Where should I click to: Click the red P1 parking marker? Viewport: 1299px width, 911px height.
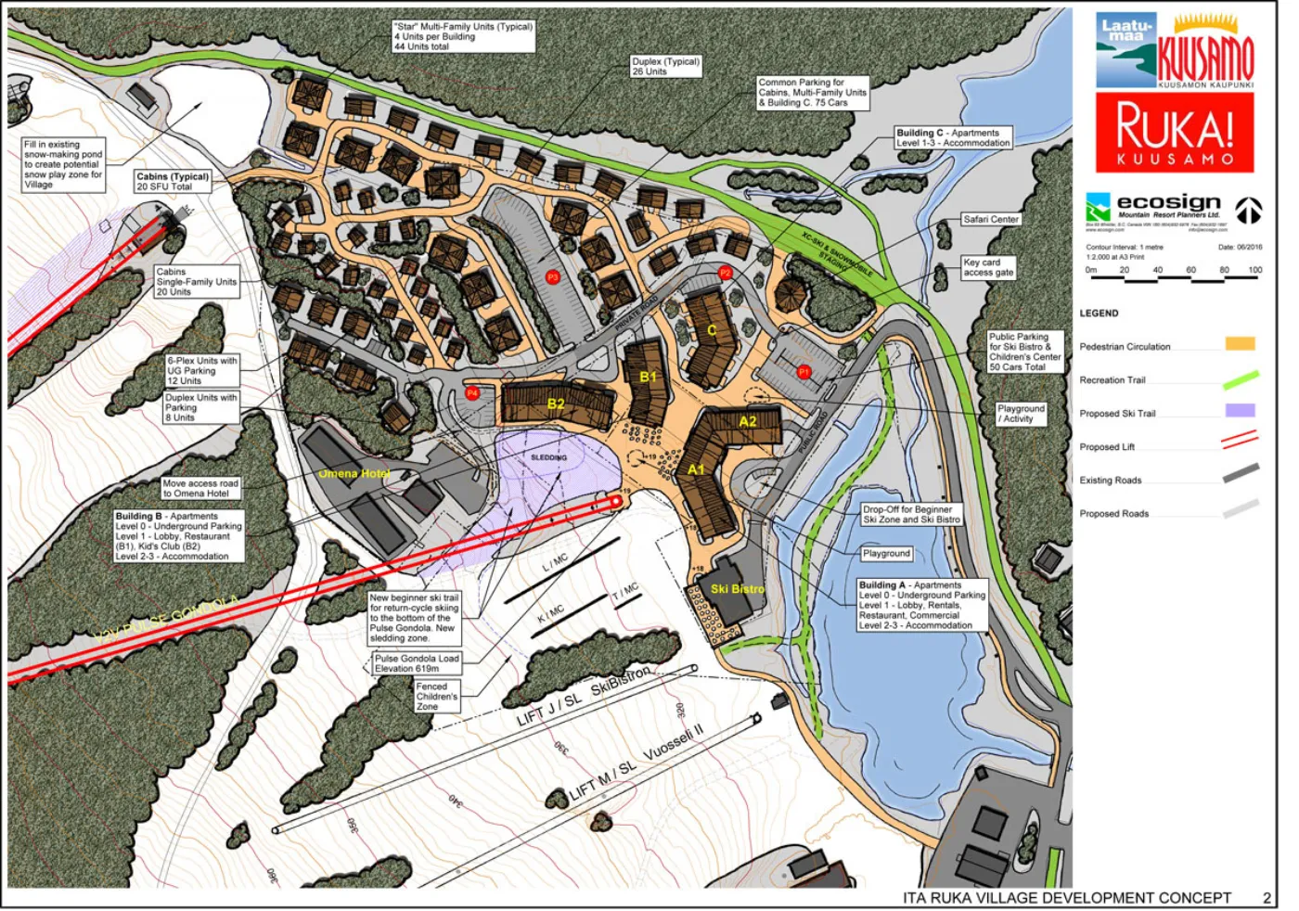[x=804, y=372]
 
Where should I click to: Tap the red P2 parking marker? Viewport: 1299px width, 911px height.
[x=726, y=273]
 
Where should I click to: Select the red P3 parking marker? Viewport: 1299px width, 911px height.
[x=552, y=277]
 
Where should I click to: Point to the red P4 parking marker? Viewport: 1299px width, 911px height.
[x=471, y=393]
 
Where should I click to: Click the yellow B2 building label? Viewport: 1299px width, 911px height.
[x=556, y=404]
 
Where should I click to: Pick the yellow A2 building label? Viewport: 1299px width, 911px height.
[x=748, y=421]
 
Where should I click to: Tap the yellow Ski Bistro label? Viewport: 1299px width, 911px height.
[x=738, y=589]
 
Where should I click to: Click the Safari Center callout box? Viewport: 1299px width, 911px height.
[x=990, y=220]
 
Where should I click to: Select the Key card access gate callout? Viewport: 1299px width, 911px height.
[x=988, y=268]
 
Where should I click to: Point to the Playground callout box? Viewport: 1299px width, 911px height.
[x=886, y=554]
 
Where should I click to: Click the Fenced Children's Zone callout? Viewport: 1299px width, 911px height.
[x=436, y=697]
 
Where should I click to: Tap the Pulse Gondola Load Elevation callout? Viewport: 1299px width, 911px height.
[x=417, y=663]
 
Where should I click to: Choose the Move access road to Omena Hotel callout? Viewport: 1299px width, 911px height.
[x=200, y=488]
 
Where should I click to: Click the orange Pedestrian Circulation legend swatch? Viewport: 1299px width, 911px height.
[x=1240, y=343]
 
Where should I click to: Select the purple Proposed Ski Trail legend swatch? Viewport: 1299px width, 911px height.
[x=1240, y=410]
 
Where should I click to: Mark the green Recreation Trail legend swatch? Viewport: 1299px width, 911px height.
[x=1240, y=379]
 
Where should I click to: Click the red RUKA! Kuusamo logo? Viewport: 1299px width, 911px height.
[x=1175, y=133]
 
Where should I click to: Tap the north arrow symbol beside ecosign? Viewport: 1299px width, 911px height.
[x=1248, y=211]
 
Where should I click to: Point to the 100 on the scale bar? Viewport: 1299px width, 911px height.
[x=1254, y=270]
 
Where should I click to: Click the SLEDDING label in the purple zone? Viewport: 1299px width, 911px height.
[x=548, y=457]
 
